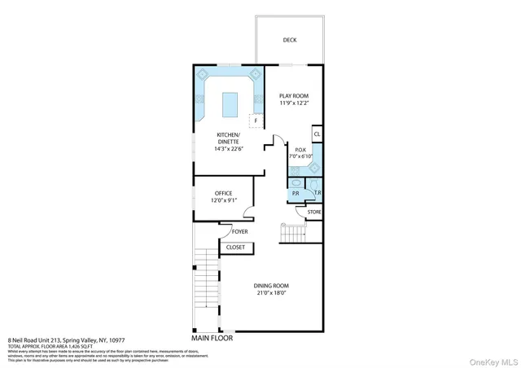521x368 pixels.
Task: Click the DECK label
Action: pyautogui.click(x=290, y=40)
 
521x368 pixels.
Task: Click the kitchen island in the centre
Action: pyautogui.click(x=230, y=102)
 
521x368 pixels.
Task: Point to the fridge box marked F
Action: pyautogui.click(x=256, y=120)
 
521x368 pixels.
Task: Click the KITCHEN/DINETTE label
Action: pyautogui.click(x=228, y=138)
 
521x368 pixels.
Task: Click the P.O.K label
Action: pyautogui.click(x=300, y=149)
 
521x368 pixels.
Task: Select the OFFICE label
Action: pyautogui.click(x=223, y=193)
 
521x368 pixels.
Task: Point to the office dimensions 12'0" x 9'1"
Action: pyautogui.click(x=223, y=200)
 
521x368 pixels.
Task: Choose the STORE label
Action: pyautogui.click(x=314, y=212)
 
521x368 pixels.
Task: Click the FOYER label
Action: pyautogui.click(x=239, y=231)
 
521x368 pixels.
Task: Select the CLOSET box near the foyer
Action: pyautogui.click(x=235, y=247)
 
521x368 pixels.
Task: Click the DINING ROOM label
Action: pyautogui.click(x=271, y=286)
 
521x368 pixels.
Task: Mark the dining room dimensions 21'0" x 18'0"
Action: pyautogui.click(x=271, y=293)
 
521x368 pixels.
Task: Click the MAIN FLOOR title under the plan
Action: pyautogui.click(x=212, y=336)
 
